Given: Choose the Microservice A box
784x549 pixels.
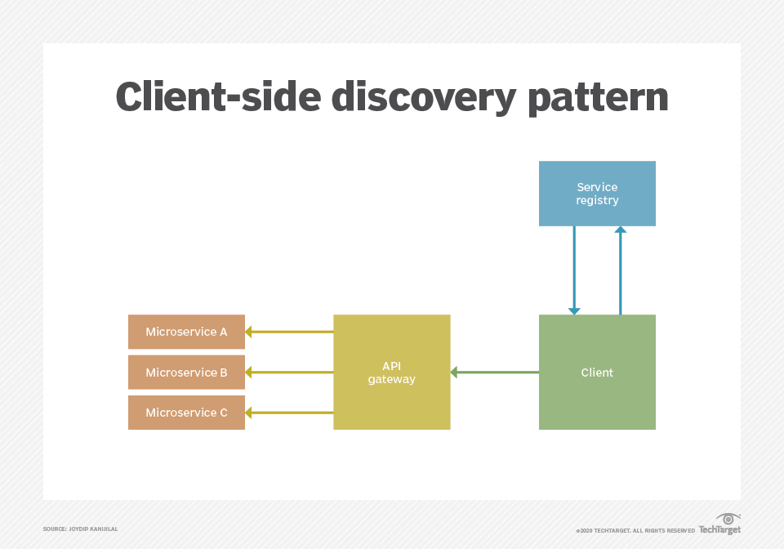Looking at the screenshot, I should [186, 332].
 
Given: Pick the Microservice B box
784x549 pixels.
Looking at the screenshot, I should [186, 373].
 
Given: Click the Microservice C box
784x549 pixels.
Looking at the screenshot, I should [186, 413].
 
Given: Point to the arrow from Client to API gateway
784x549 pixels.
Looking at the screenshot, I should [494, 373].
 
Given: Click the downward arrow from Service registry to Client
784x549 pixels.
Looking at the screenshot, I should [574, 270].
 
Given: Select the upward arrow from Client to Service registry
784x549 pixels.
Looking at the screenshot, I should [620, 270].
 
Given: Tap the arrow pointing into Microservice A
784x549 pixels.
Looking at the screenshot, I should [289, 332].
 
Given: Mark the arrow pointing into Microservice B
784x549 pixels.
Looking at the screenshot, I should [289, 373].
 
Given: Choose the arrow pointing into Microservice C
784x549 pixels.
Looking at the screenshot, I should [289, 413].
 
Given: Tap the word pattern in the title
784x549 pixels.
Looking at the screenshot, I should [598, 98].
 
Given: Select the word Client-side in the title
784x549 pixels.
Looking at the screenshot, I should [216, 98].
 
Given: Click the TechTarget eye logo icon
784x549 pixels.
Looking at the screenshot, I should [728, 519].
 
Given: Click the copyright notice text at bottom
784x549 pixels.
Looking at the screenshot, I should [635, 531].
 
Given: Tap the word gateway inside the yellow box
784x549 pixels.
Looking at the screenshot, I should [392, 380].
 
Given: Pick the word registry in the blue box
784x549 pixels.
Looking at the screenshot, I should [597, 201].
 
